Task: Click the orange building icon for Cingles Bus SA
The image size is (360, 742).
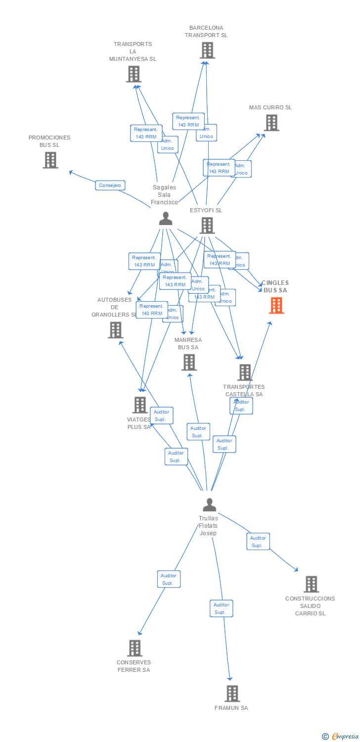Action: click(x=276, y=306)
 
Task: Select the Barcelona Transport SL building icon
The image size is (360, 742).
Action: click(x=207, y=50)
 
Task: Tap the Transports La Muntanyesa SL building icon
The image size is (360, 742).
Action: click(x=134, y=74)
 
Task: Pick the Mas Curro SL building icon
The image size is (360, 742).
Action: click(x=271, y=123)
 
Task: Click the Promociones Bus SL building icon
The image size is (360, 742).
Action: click(x=50, y=160)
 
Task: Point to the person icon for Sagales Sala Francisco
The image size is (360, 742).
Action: click(x=166, y=219)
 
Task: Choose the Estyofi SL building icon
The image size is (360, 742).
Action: click(x=207, y=226)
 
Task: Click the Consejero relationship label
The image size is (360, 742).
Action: click(x=110, y=185)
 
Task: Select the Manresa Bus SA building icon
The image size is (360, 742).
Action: click(x=189, y=362)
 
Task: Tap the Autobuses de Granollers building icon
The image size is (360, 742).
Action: click(x=115, y=330)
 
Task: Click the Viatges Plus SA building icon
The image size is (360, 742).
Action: click(x=140, y=405)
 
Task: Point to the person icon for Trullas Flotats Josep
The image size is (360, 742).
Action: click(x=210, y=505)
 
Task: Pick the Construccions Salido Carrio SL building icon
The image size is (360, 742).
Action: click(x=311, y=584)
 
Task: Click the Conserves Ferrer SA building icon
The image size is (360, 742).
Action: click(x=135, y=648)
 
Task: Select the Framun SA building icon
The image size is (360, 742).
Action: click(x=232, y=694)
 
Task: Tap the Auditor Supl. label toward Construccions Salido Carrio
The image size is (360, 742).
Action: click(x=258, y=542)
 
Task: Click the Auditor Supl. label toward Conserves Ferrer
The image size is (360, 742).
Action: click(x=169, y=579)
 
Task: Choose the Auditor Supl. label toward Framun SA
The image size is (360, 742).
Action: click(x=221, y=608)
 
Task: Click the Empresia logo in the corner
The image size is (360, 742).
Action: click(x=341, y=737)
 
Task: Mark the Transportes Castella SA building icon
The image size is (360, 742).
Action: click(x=245, y=372)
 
